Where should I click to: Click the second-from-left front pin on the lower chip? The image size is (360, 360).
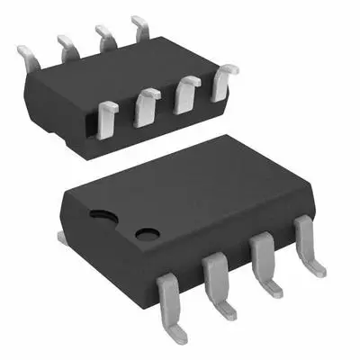[x=217, y=279]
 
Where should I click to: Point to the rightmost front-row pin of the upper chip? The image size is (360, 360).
[x=223, y=78]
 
